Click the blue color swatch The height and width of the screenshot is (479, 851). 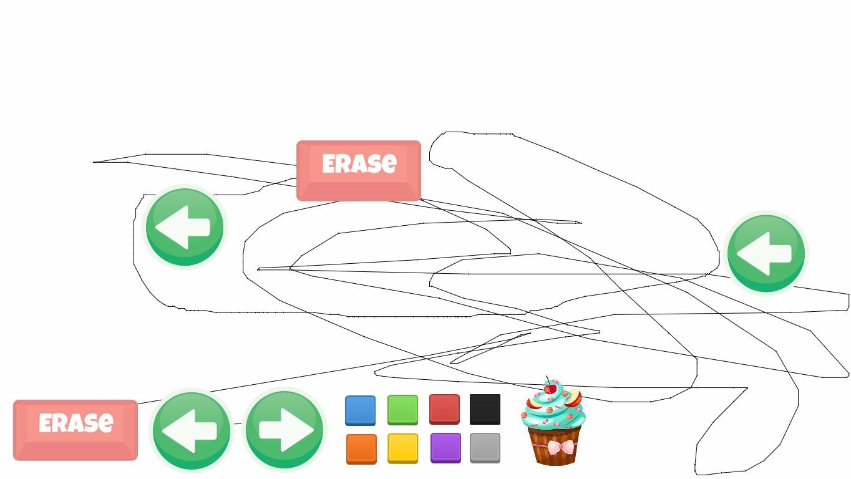tap(361, 410)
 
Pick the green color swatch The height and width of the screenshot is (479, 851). tap(402, 410)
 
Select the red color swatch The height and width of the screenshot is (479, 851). tap(444, 409)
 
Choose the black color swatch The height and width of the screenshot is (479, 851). tap(485, 409)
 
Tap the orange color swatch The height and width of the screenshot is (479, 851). tap(361, 448)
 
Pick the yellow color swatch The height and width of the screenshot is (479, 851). tap(402, 448)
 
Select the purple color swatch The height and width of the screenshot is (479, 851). tap(445, 448)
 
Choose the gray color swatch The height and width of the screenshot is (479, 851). tap(485, 448)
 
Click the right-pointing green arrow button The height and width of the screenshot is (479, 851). tap(284, 429)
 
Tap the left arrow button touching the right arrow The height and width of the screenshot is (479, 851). tap(192, 430)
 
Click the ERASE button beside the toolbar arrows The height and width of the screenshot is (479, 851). tap(75, 430)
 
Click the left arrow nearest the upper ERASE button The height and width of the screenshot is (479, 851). tap(185, 228)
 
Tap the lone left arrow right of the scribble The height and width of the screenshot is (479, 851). tap(766, 253)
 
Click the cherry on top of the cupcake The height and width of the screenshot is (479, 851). tap(549, 389)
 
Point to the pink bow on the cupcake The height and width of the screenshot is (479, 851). tap(562, 447)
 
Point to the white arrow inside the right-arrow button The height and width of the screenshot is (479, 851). tap(286, 429)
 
